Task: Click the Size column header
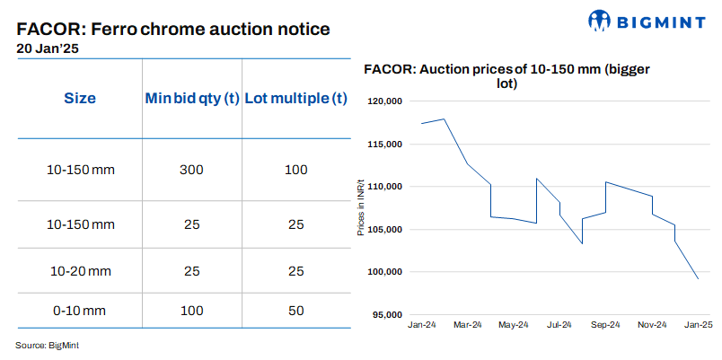click(80, 98)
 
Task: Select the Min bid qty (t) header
click(191, 98)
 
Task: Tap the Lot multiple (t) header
click(295, 98)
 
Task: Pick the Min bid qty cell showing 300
click(191, 170)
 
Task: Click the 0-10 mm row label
click(80, 311)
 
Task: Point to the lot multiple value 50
click(295, 311)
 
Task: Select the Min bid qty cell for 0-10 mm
click(191, 311)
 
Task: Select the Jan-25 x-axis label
click(698, 324)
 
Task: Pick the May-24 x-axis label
click(513, 324)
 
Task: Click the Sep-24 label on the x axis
click(605, 324)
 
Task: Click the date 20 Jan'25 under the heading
click(48, 48)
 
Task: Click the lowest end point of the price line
click(698, 278)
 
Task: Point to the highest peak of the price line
click(445, 119)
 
